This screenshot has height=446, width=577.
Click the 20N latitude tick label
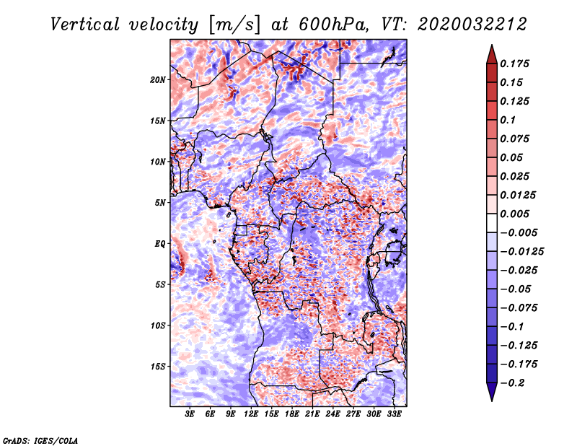[x=158, y=80]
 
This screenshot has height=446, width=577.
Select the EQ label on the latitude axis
[x=160, y=244]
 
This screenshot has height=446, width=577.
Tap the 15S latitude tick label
[x=158, y=367]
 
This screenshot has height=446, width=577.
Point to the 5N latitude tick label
[x=160, y=203]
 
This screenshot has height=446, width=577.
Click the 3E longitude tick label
[x=190, y=414]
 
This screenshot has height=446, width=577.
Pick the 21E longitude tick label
[x=312, y=414]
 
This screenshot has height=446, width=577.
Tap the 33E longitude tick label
[x=394, y=414]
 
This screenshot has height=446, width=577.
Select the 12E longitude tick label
[x=250, y=414]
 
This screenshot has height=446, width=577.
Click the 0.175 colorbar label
[x=514, y=64]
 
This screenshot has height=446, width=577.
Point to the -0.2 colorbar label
[x=512, y=383]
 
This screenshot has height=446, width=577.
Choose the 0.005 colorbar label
[x=514, y=214]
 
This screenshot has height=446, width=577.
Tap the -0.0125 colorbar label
[x=521, y=252]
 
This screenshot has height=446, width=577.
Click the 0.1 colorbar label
[x=508, y=120]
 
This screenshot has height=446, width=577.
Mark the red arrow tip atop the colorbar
[x=492, y=45]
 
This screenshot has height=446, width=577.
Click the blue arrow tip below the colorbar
[x=492, y=401]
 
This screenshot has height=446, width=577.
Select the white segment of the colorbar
[x=492, y=223]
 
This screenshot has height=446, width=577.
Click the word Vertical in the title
[x=85, y=25]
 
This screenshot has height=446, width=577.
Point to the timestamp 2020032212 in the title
[x=472, y=25]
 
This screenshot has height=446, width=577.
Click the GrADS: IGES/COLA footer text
[x=40, y=441]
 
